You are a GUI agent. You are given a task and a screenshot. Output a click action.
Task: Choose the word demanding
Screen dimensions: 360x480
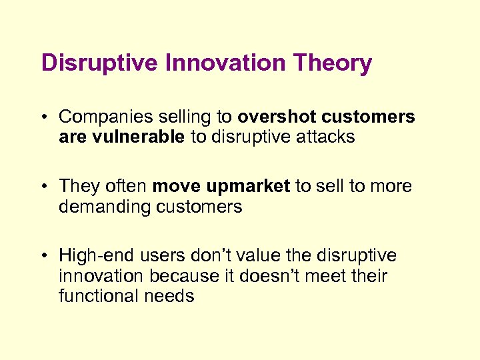click(105, 207)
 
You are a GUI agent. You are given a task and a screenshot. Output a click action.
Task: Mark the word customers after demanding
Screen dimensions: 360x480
click(199, 207)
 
